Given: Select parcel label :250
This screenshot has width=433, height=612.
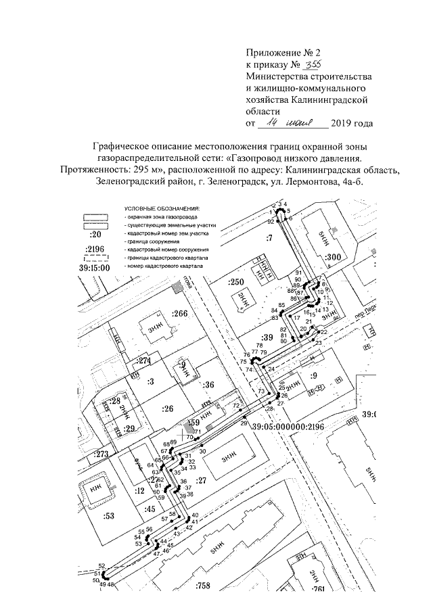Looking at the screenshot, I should (235, 281).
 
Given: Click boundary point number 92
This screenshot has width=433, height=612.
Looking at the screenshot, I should (270, 221).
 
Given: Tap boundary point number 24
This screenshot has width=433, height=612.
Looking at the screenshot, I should (271, 369).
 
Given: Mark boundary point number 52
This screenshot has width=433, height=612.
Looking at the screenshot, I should (101, 565).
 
